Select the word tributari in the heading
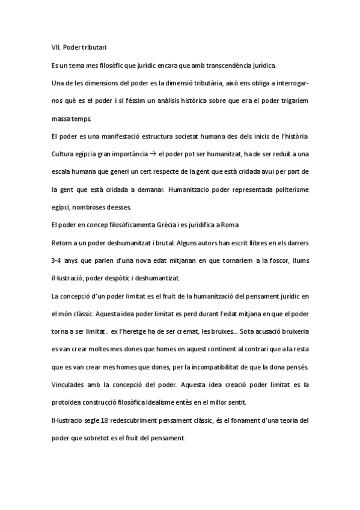[x=95, y=46]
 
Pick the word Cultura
[x=64, y=154]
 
